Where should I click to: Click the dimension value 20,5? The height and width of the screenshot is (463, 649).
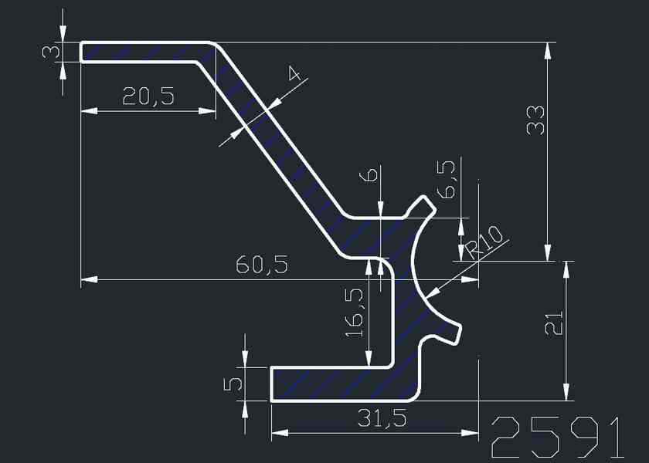pos(148,96)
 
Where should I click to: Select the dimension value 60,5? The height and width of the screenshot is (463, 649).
pos(262,265)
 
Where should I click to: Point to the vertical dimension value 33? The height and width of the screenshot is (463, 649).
pos(535,120)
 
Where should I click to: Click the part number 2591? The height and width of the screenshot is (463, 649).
pos(556,438)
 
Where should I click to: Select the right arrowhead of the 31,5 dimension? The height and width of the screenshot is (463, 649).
pos(471,433)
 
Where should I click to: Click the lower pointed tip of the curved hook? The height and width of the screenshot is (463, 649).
pos(460,330)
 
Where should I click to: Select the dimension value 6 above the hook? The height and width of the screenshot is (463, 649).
pos(372,175)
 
